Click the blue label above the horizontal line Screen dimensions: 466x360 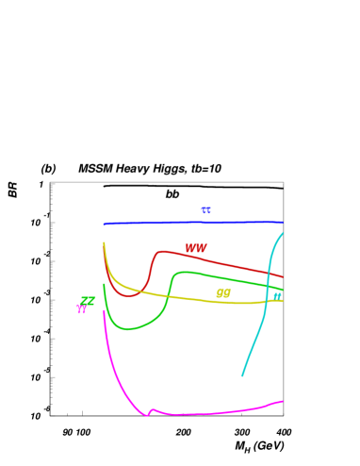click(205, 210)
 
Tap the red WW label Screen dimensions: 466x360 click(196, 248)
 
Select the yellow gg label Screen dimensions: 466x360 click(223, 293)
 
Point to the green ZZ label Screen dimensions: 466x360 click(88, 301)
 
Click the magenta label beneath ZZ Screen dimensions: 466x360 click(82, 309)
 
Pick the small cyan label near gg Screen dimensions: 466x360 click(277, 296)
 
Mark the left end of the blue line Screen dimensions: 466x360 click(105, 225)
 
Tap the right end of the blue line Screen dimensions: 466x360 click(282, 222)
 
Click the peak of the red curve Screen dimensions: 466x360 click(162, 251)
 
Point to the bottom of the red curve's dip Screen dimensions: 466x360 click(129, 295)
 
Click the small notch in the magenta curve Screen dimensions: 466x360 click(149, 412)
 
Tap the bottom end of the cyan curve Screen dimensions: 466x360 click(242, 375)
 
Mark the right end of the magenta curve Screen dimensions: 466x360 click(282, 401)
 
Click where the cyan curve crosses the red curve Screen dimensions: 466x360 click(270, 273)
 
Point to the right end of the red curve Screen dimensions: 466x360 click(283, 276)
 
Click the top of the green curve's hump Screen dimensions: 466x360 click(181, 272)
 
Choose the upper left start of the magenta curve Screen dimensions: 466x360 click(104, 310)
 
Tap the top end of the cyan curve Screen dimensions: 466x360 click(283, 233)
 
